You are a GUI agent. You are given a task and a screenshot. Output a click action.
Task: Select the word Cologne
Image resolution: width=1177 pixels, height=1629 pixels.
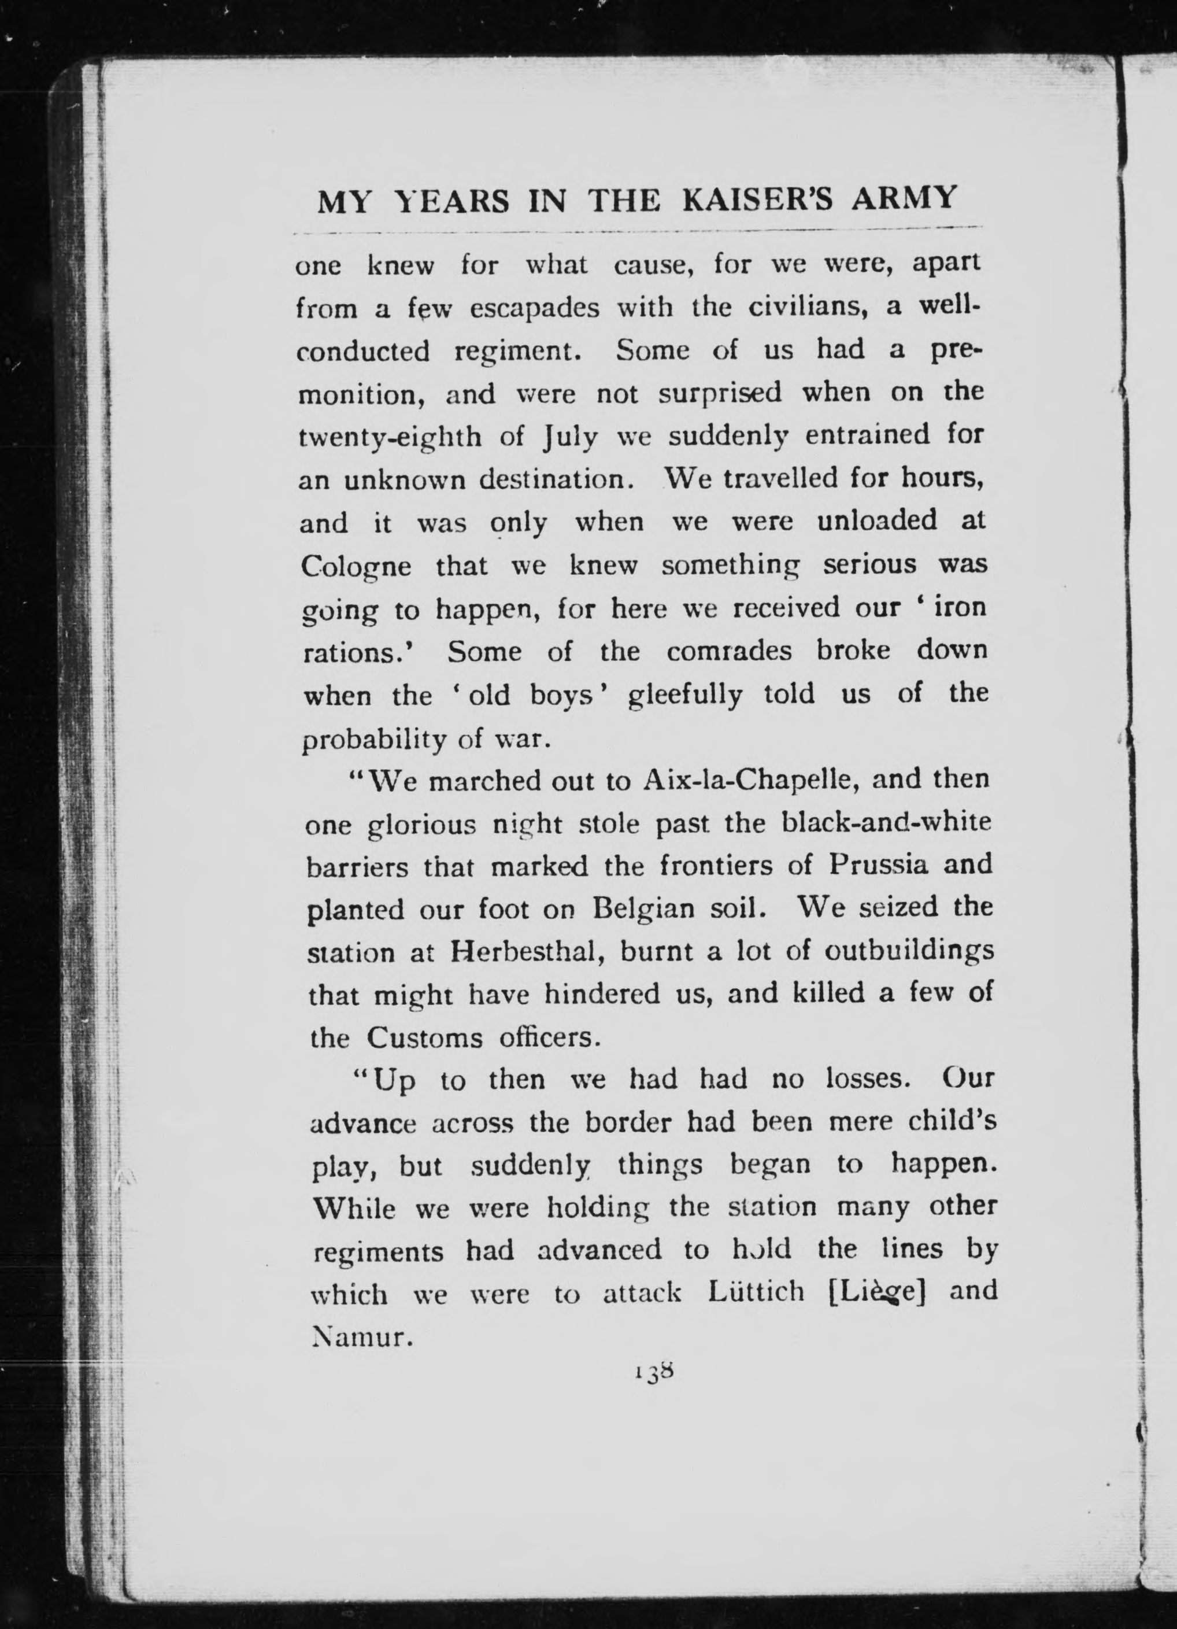click(356, 568)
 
